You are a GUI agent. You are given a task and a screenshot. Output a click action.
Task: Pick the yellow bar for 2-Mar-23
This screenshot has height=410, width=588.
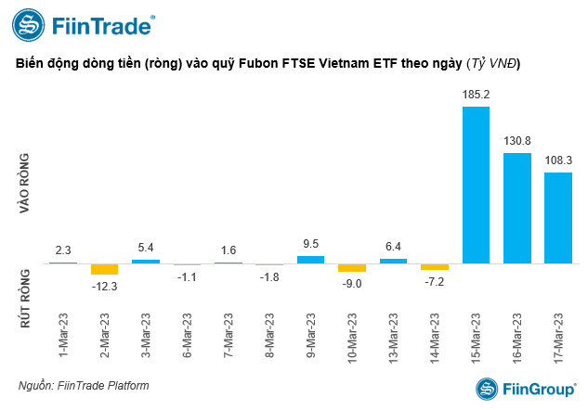point(104,269)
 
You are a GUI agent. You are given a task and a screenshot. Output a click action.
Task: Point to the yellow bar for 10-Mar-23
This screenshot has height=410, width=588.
point(352,267)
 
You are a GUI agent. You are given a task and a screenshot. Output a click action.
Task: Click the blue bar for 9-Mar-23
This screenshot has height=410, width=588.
point(310,259)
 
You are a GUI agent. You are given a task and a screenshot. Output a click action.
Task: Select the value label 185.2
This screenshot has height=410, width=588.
point(476,95)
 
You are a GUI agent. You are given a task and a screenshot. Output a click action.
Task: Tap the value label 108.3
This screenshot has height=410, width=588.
point(557,160)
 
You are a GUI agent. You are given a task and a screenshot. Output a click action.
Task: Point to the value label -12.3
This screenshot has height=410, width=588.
point(104,286)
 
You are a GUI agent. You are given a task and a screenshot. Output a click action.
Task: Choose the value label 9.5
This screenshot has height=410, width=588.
point(310,244)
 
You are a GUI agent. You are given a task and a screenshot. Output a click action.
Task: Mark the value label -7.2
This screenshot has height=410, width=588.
point(435,280)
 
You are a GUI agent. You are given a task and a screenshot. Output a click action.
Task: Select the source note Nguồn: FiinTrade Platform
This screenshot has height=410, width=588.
point(83,385)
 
